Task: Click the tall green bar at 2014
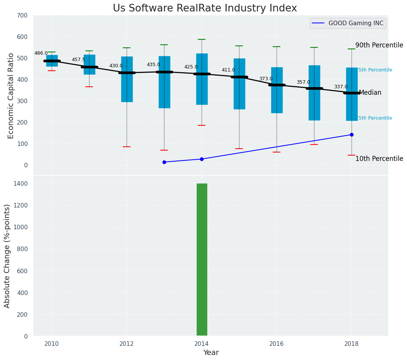(202, 259)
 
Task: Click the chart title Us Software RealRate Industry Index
(205, 8)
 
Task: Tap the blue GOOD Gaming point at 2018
(352, 135)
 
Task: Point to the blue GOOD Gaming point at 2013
(164, 162)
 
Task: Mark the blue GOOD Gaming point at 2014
(202, 159)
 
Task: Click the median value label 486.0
(41, 53)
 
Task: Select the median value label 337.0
(340, 87)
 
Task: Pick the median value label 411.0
(228, 70)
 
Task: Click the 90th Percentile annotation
(379, 45)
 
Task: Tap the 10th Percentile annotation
(379, 159)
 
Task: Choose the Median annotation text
(370, 92)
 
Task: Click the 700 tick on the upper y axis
(22, 15)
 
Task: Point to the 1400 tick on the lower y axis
(21, 183)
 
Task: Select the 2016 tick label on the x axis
(277, 344)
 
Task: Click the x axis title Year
(211, 353)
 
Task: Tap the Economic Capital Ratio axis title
(11, 96)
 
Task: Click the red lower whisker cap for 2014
(202, 125)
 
